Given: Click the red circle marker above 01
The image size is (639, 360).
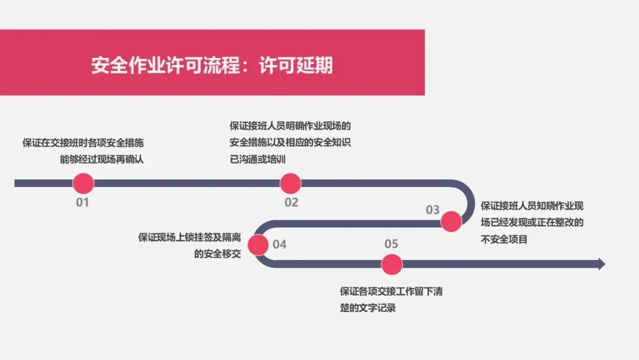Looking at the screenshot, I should point(83,184).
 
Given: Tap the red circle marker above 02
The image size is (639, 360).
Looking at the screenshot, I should point(291,184).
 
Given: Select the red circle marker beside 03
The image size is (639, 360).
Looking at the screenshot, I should point(451,221).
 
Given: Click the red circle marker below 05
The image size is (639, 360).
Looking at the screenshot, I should point(390,264).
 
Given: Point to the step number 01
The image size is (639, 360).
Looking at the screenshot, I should point(82,202).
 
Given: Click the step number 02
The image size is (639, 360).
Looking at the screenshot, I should point(291,202).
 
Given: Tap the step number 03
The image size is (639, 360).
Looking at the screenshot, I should point(433,210).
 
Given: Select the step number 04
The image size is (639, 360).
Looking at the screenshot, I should point(279,243).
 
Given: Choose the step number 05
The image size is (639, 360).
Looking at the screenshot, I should point(391,243).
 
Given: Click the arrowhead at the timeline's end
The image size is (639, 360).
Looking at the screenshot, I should point(601,264).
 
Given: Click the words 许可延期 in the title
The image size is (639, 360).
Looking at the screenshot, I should point(296,65).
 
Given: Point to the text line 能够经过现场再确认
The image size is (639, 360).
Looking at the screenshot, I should point(101,159).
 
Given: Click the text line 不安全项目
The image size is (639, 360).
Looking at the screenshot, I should point(504,240).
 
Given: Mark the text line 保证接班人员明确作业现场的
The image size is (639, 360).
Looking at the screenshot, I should point(290,126).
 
